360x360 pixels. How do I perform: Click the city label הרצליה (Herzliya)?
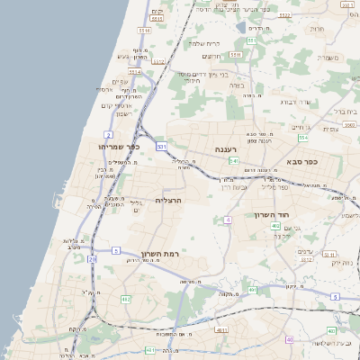(168, 200)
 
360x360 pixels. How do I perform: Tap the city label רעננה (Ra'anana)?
(225, 149)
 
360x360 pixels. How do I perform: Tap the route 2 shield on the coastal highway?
(108, 134)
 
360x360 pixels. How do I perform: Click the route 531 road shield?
(161, 146)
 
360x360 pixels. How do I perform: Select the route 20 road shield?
(92, 259)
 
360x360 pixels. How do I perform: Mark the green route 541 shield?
(232, 161)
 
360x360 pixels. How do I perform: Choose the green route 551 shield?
(253, 40)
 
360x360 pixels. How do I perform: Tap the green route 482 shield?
(126, 299)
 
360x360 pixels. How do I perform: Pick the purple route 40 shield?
(290, 339)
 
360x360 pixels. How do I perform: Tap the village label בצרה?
(237, 85)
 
